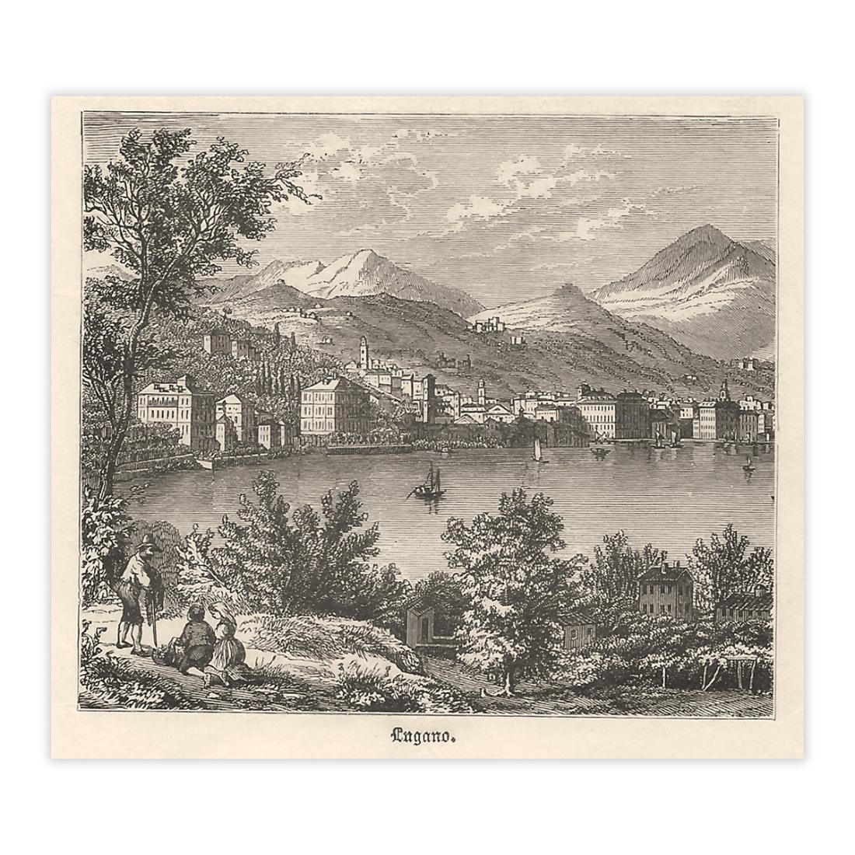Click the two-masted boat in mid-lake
[428, 485]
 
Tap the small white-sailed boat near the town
[536, 452]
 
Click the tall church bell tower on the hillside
[363, 354]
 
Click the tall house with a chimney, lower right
[665, 592]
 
